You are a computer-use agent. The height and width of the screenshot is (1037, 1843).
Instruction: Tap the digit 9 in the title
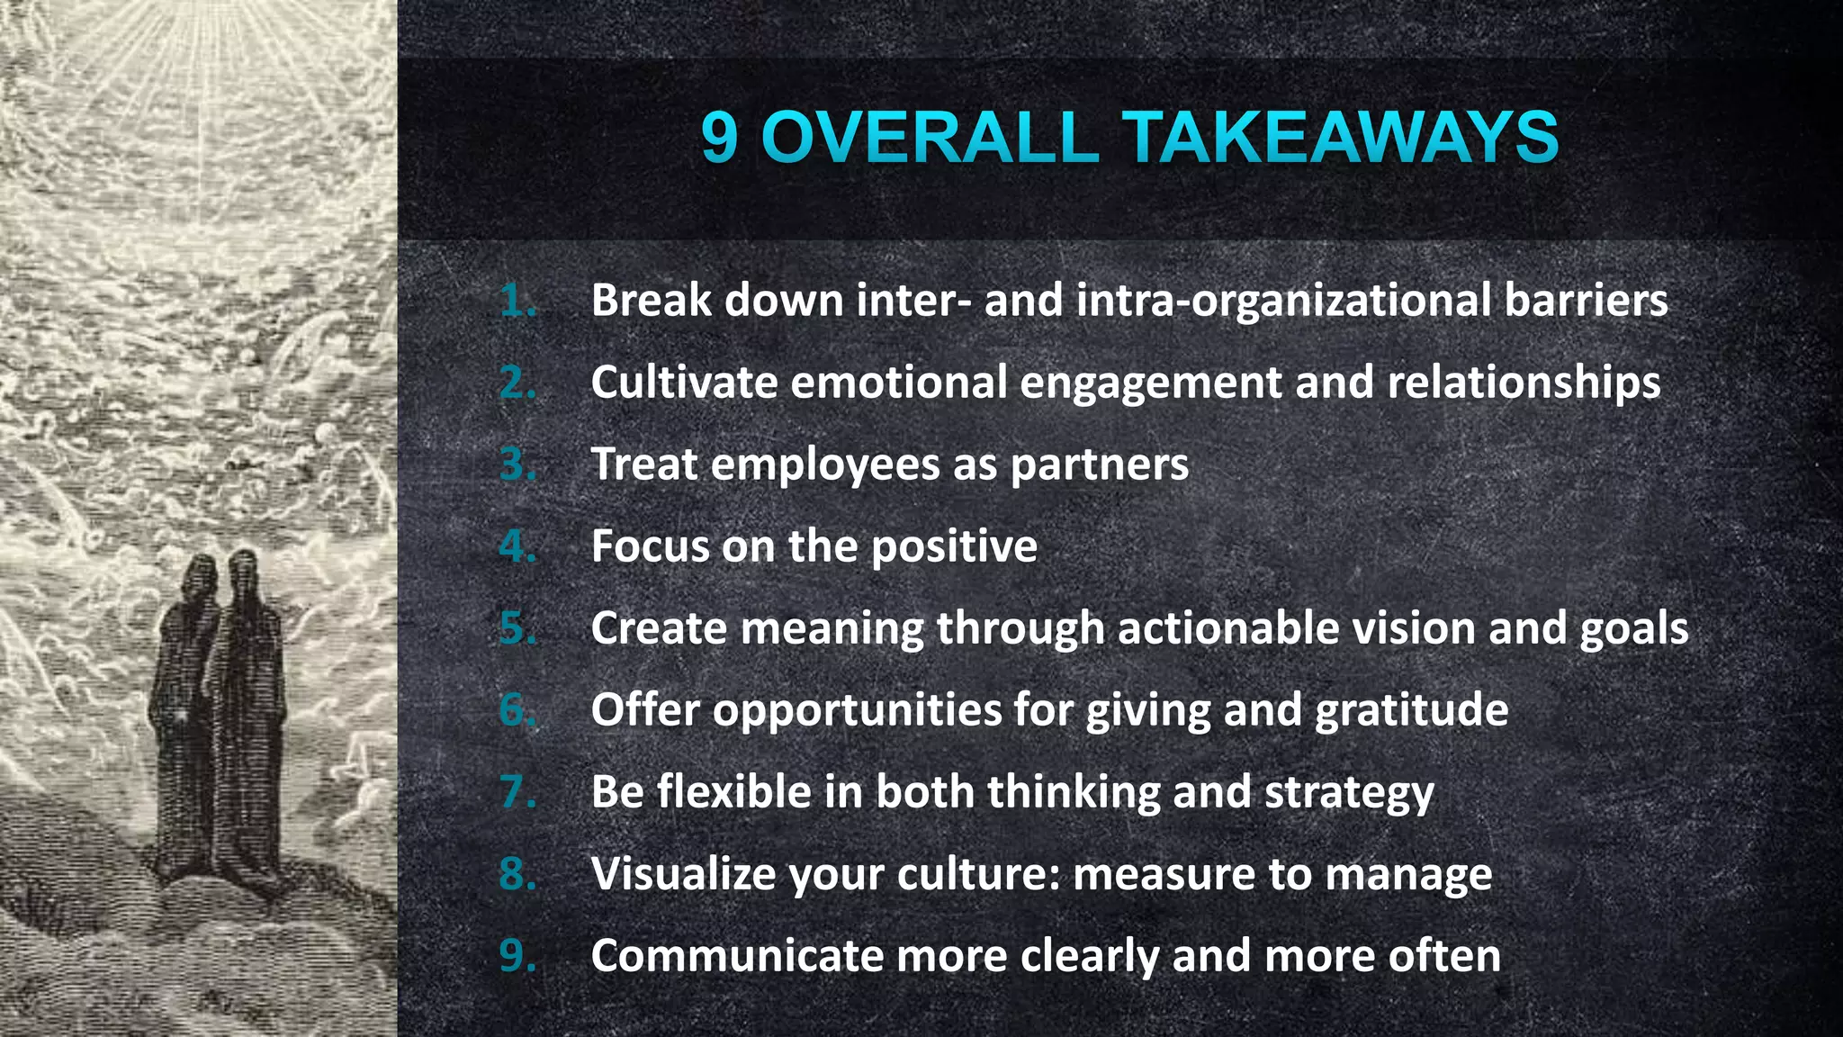[719, 138]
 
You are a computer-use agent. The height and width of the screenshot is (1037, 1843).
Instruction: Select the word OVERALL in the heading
[930, 138]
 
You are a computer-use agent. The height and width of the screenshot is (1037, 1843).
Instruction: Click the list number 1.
[517, 300]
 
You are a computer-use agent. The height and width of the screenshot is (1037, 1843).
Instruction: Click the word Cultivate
[684, 382]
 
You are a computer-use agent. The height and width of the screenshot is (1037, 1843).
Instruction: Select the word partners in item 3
[1099, 464]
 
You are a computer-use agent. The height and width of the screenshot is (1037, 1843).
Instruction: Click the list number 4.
[517, 546]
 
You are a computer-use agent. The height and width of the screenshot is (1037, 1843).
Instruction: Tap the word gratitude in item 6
[1411, 710]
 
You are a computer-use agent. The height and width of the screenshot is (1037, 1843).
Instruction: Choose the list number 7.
[517, 792]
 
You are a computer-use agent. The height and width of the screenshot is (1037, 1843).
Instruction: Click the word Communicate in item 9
[737, 955]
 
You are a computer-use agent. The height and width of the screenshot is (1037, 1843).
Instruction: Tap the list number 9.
[517, 955]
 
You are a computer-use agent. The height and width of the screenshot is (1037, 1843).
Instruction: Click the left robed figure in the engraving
[187, 720]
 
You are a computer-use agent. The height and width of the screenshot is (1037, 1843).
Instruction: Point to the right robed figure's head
[243, 572]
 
